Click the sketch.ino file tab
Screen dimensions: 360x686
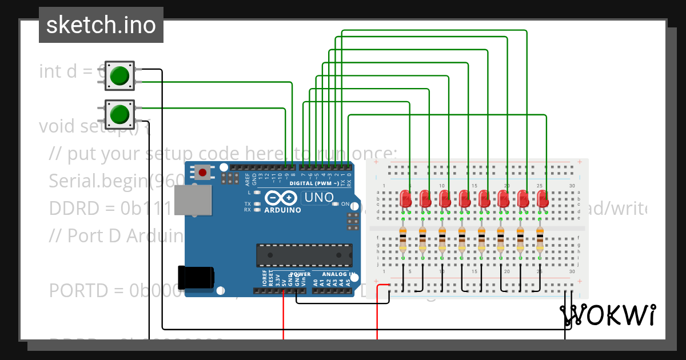tap(101, 25)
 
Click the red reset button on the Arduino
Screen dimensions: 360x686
tap(202, 171)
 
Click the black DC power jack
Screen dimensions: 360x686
tap(196, 277)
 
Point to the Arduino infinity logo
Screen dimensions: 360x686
tap(281, 198)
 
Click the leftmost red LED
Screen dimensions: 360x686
tap(406, 198)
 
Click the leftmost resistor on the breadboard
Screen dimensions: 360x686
tap(403, 239)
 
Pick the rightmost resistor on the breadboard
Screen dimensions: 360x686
tap(540, 239)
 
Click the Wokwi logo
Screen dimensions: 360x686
tap(607, 315)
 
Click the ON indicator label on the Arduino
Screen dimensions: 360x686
tap(345, 204)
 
